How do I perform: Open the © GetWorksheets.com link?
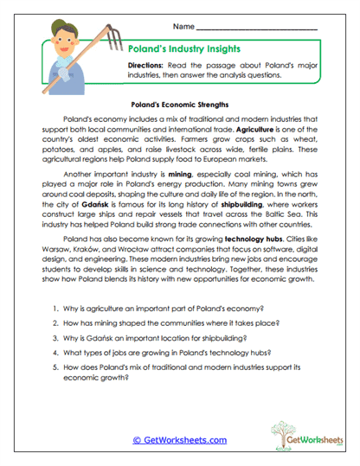[x=179, y=439]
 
